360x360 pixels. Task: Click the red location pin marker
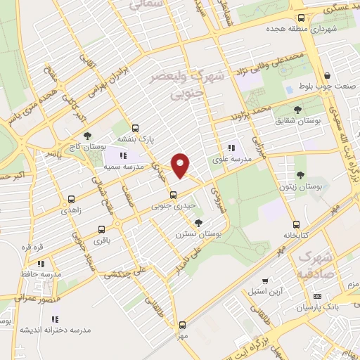181,165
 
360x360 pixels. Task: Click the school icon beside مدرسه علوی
231,148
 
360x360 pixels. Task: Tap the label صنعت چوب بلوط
327,87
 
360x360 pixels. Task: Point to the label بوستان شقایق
297,120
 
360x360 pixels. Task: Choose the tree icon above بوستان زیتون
301,175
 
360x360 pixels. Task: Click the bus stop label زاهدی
71,210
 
